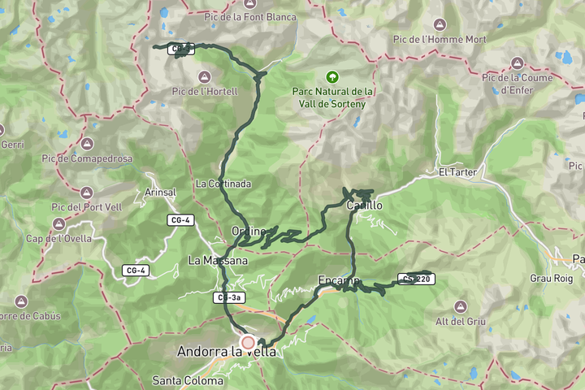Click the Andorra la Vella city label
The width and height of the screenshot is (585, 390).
tap(227, 352)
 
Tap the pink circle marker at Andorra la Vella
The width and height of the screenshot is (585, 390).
tap(248, 342)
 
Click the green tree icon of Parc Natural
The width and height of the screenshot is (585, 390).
tap(331, 77)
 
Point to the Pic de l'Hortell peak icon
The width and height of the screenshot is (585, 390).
tap(204, 76)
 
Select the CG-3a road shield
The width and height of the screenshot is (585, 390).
tap(229, 298)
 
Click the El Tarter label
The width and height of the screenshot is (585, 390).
tap(455, 172)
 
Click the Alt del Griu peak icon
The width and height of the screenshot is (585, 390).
tap(461, 306)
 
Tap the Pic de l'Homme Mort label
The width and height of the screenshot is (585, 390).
tap(440, 39)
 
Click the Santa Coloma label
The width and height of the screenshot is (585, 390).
tap(188, 380)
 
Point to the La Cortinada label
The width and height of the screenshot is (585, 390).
tap(223, 184)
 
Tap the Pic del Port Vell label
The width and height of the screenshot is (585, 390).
tap(86, 207)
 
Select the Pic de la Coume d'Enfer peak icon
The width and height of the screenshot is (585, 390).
tap(517, 63)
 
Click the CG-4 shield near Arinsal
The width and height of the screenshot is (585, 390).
tap(180, 220)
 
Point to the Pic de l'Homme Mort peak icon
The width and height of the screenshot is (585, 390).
tap(440, 24)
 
